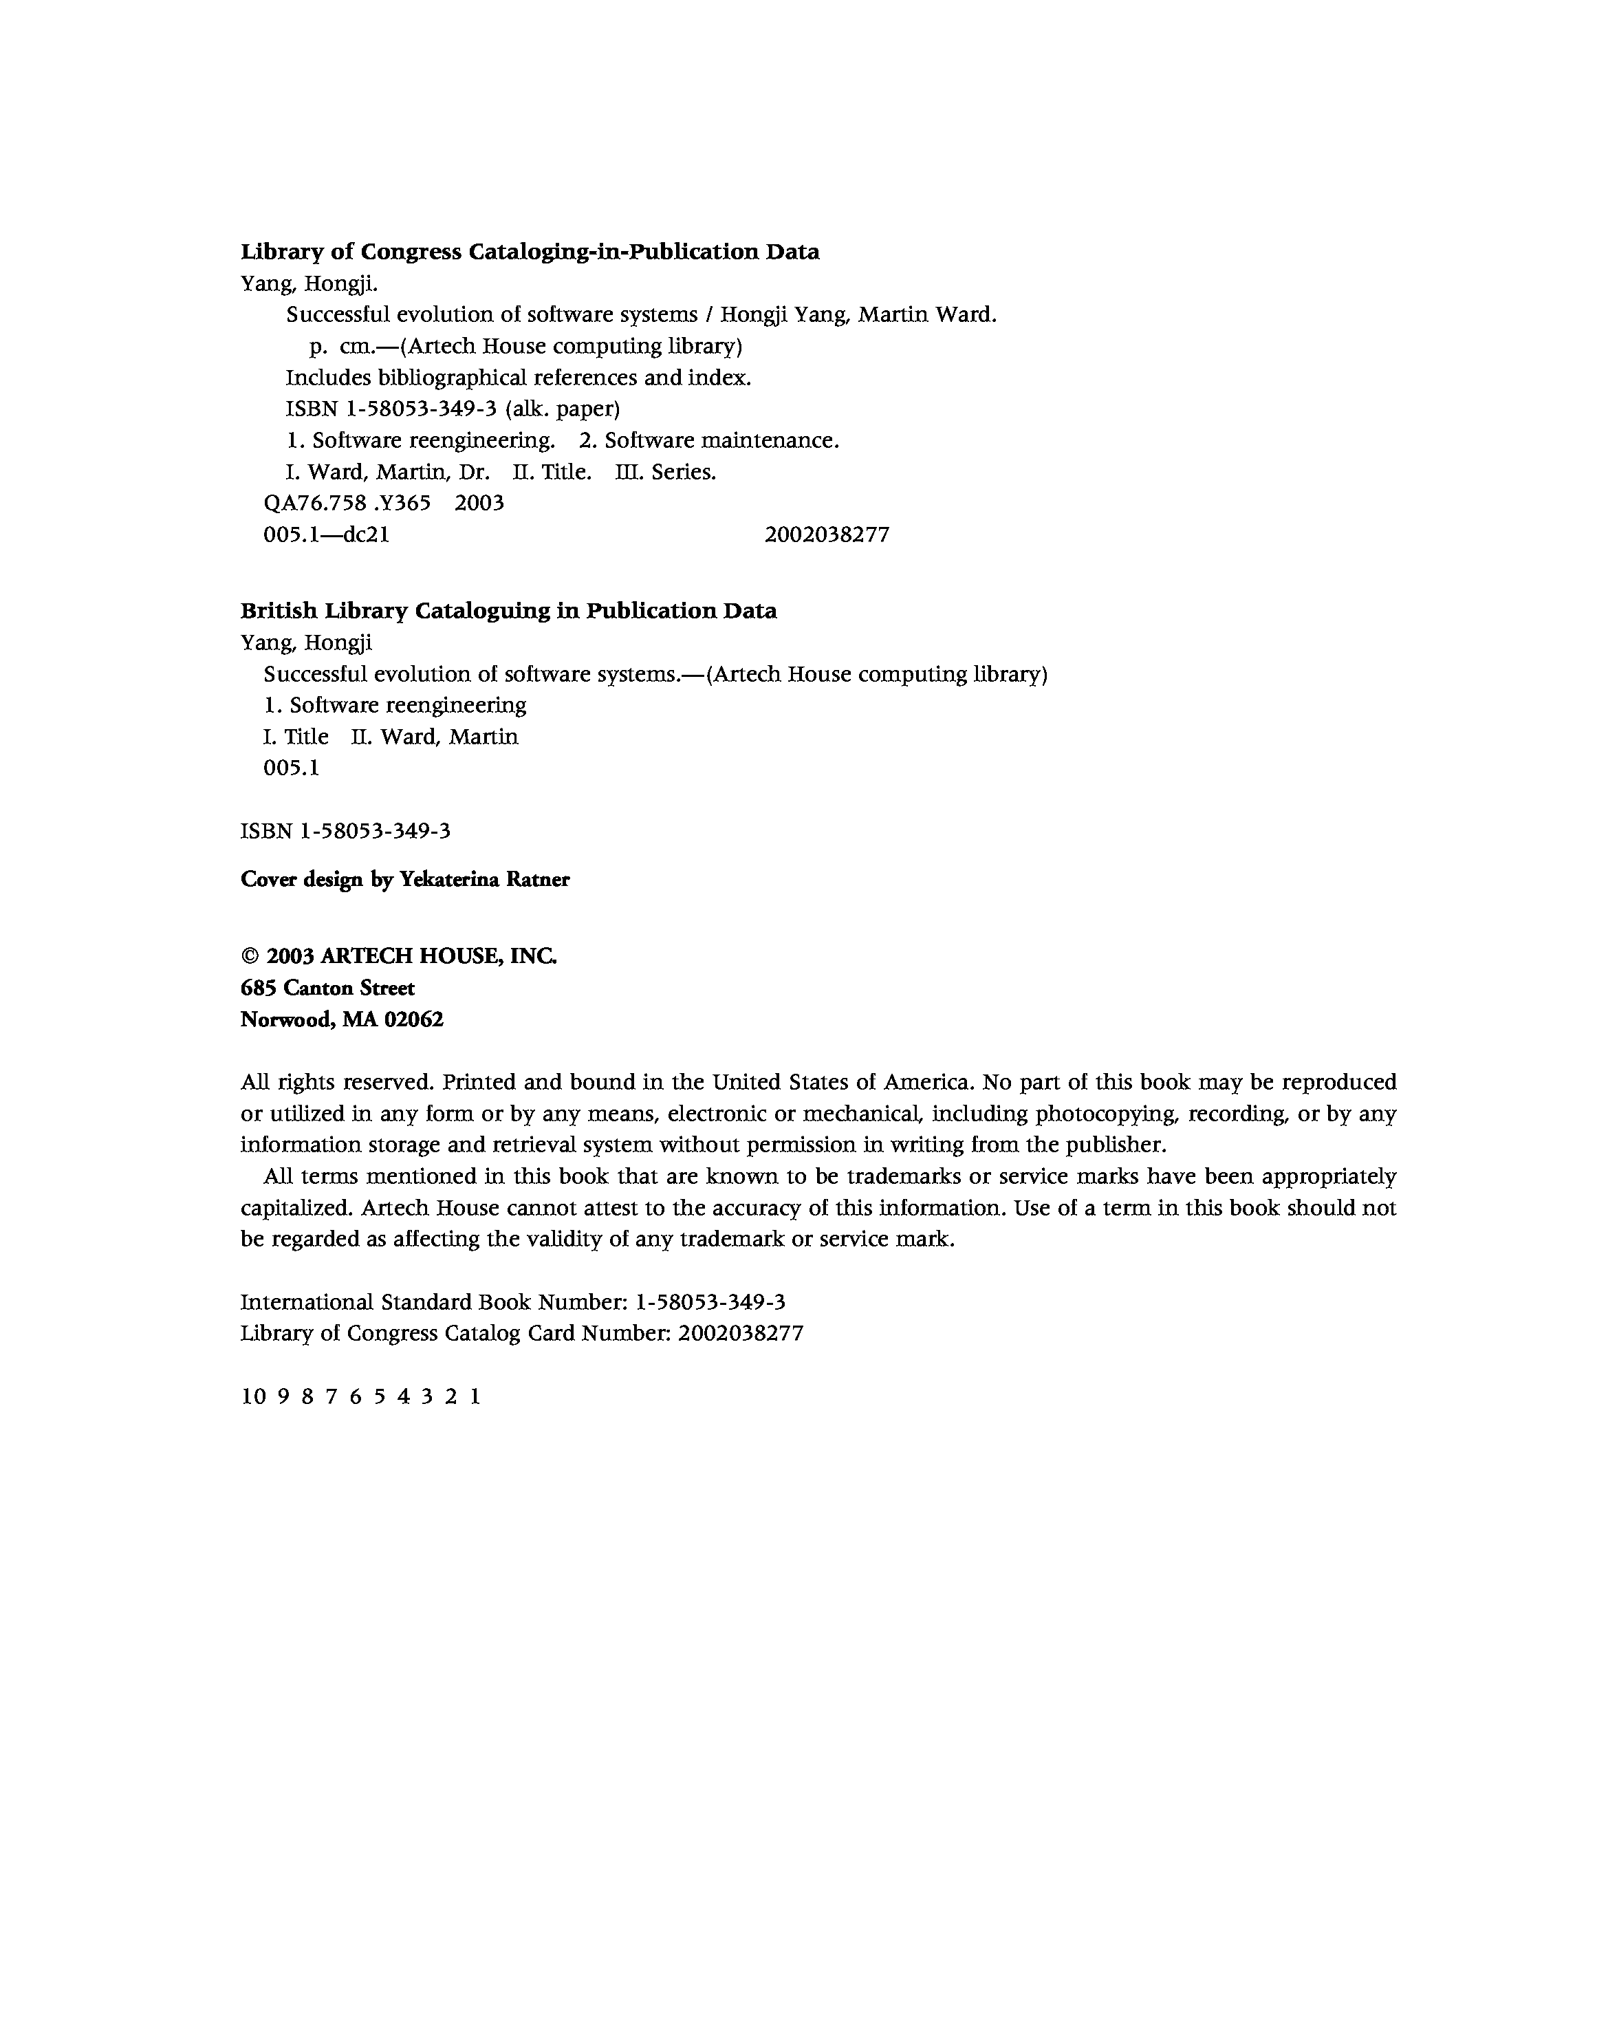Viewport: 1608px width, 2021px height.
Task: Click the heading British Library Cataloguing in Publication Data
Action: pos(508,610)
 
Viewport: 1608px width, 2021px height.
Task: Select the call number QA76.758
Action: pos(315,504)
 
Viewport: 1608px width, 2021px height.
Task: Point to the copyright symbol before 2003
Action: pos(249,956)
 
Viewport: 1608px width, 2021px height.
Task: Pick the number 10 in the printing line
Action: pos(253,1396)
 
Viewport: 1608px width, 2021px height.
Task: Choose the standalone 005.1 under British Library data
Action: pos(292,768)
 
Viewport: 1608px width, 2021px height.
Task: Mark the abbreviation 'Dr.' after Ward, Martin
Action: pos(474,473)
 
